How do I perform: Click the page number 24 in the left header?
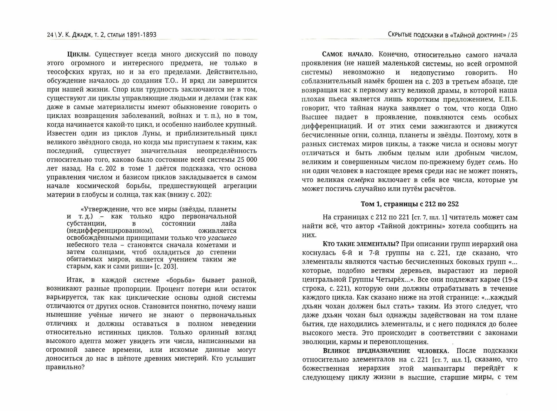(x=50, y=35)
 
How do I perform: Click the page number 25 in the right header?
(x=514, y=35)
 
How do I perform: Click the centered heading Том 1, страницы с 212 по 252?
(x=409, y=204)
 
